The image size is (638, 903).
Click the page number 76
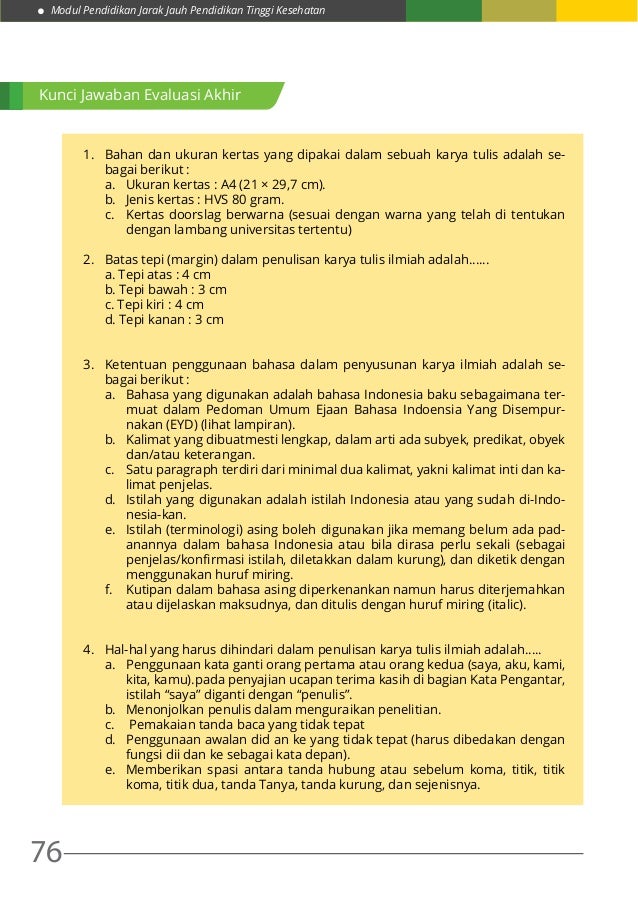click(46, 852)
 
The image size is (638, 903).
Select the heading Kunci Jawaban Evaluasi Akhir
click(140, 96)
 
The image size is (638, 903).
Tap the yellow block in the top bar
click(597, 11)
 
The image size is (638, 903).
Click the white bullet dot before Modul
click(41, 11)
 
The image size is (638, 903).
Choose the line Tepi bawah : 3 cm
click(166, 289)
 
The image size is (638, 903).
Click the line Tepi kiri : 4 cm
click(154, 304)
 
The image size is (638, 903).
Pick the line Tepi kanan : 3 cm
click(164, 320)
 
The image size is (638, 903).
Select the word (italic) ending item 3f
click(505, 604)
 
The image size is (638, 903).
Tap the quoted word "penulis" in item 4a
click(324, 694)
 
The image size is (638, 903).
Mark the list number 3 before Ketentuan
click(88, 364)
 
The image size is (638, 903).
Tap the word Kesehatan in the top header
click(294, 11)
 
